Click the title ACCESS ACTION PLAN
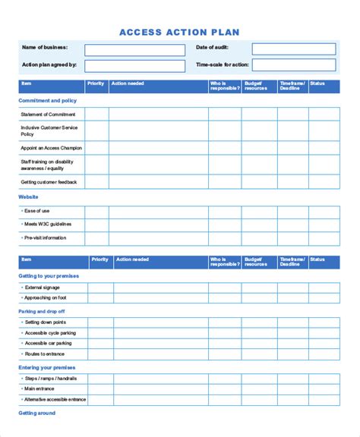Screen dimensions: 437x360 click(x=179, y=32)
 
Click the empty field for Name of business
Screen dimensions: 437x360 click(x=134, y=50)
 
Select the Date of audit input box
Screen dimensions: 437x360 click(x=293, y=49)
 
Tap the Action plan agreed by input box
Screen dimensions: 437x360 click(x=134, y=66)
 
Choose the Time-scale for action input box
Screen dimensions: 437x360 click(x=293, y=65)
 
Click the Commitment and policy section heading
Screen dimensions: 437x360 click(x=47, y=100)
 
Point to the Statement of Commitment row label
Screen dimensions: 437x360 click(x=48, y=115)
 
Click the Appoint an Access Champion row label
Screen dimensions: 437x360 click(x=52, y=148)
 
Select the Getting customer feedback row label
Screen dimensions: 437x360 click(x=49, y=182)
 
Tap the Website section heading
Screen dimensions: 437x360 click(x=28, y=196)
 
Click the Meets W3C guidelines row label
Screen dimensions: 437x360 click(x=48, y=224)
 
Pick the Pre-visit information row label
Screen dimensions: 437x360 click(x=45, y=238)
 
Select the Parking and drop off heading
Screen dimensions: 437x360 click(x=42, y=311)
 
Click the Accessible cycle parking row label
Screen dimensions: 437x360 click(x=50, y=333)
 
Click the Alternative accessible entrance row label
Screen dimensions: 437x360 click(x=55, y=399)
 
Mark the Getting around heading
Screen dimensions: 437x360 click(x=36, y=413)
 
